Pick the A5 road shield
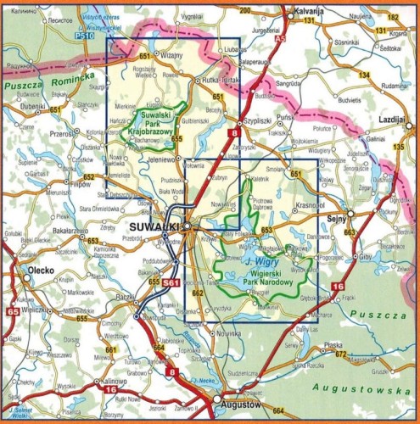point(281,39)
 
